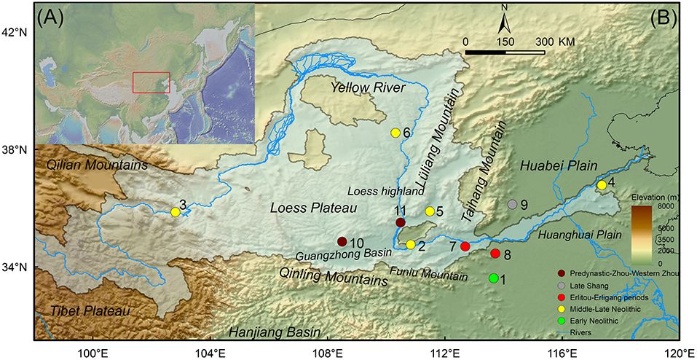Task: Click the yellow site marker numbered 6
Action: click(x=395, y=133)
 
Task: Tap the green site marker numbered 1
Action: click(x=494, y=278)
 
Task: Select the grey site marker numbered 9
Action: click(x=513, y=205)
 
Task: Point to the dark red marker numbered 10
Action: click(x=342, y=241)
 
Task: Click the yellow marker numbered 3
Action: click(x=175, y=212)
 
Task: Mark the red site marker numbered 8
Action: click(x=495, y=254)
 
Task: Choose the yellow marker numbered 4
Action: click(x=602, y=185)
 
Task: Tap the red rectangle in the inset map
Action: click(x=151, y=82)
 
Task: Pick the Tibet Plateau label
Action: click(x=90, y=310)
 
